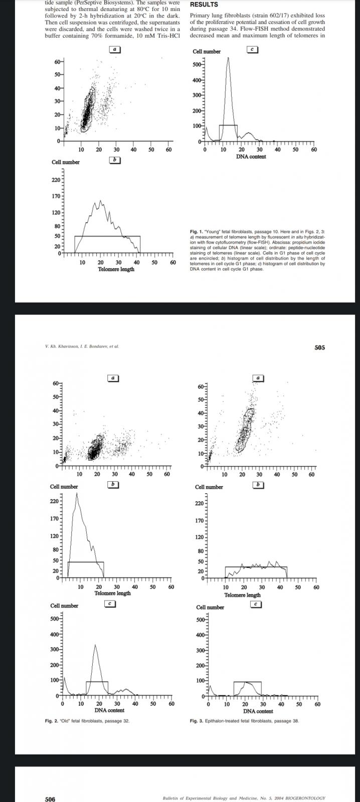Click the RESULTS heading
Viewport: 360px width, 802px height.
tap(204, 5)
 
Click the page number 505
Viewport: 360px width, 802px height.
tap(319, 347)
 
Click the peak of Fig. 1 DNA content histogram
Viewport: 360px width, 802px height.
tap(228, 58)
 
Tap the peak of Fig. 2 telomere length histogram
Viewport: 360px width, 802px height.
tap(77, 493)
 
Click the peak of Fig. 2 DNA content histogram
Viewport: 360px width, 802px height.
tap(95, 645)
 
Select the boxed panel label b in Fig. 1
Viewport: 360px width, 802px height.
tap(115, 160)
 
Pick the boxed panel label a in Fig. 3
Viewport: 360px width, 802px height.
tap(258, 377)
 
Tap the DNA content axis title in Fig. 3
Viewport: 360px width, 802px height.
tap(258, 711)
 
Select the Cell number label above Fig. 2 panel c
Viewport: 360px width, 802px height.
tap(64, 606)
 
